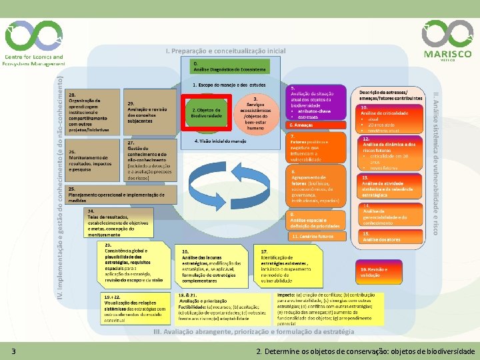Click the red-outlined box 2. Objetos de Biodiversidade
206,113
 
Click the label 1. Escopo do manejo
229,85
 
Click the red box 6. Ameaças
318,125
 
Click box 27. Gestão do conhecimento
149,160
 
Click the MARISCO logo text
447,54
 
